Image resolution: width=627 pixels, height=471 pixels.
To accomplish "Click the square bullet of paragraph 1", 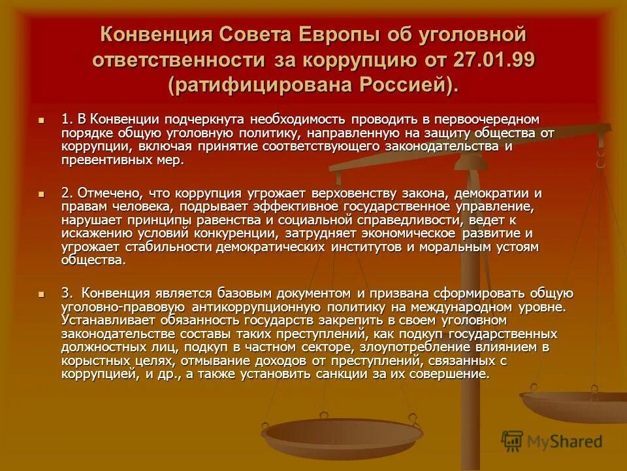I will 41,121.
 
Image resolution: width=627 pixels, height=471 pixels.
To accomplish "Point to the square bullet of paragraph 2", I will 41,195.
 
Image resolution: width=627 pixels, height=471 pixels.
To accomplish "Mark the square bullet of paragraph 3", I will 41,294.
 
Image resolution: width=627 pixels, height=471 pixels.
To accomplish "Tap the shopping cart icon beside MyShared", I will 513,441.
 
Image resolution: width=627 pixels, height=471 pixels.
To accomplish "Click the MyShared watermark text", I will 564,442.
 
